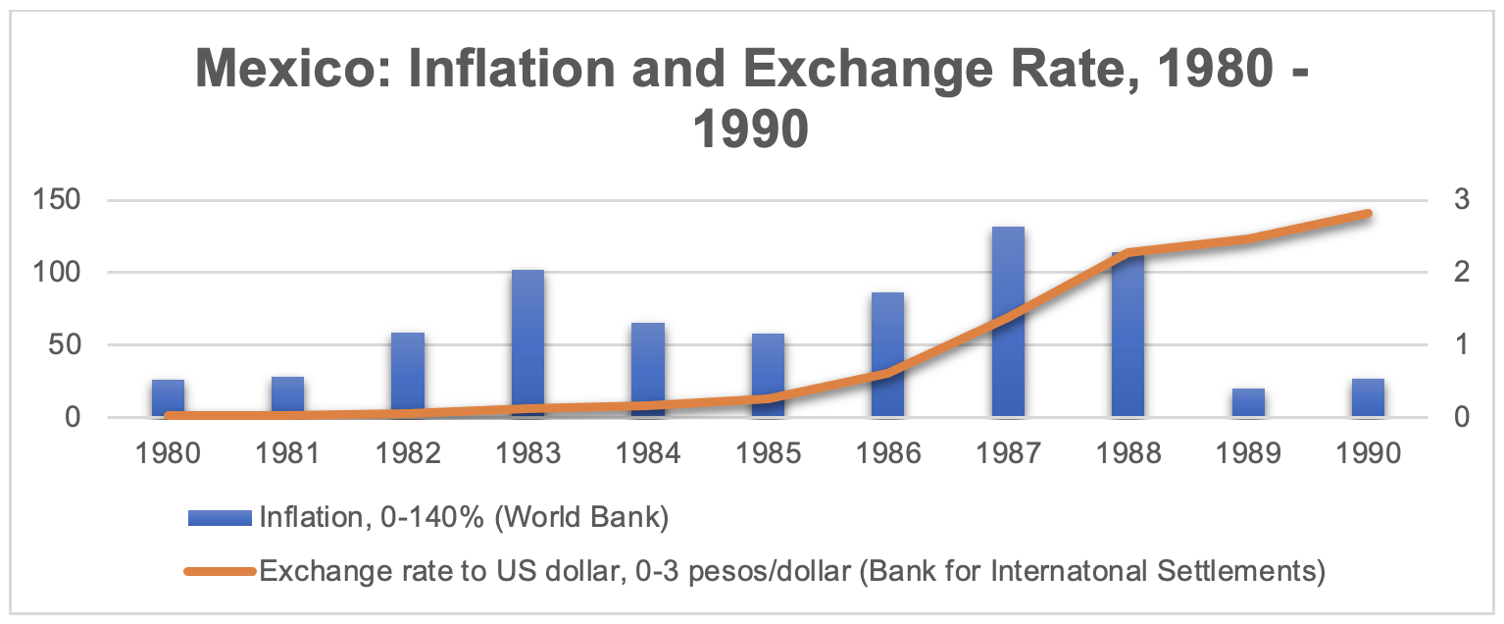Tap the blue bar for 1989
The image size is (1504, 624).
click(x=1248, y=402)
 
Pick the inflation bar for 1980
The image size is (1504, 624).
click(x=168, y=396)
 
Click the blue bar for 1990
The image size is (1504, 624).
click(x=1368, y=397)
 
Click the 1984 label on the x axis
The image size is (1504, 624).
click(x=647, y=453)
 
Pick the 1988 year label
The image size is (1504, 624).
click(x=1128, y=453)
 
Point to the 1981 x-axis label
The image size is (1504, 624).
click(x=287, y=453)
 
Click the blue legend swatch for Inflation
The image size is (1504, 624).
click(x=220, y=518)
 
